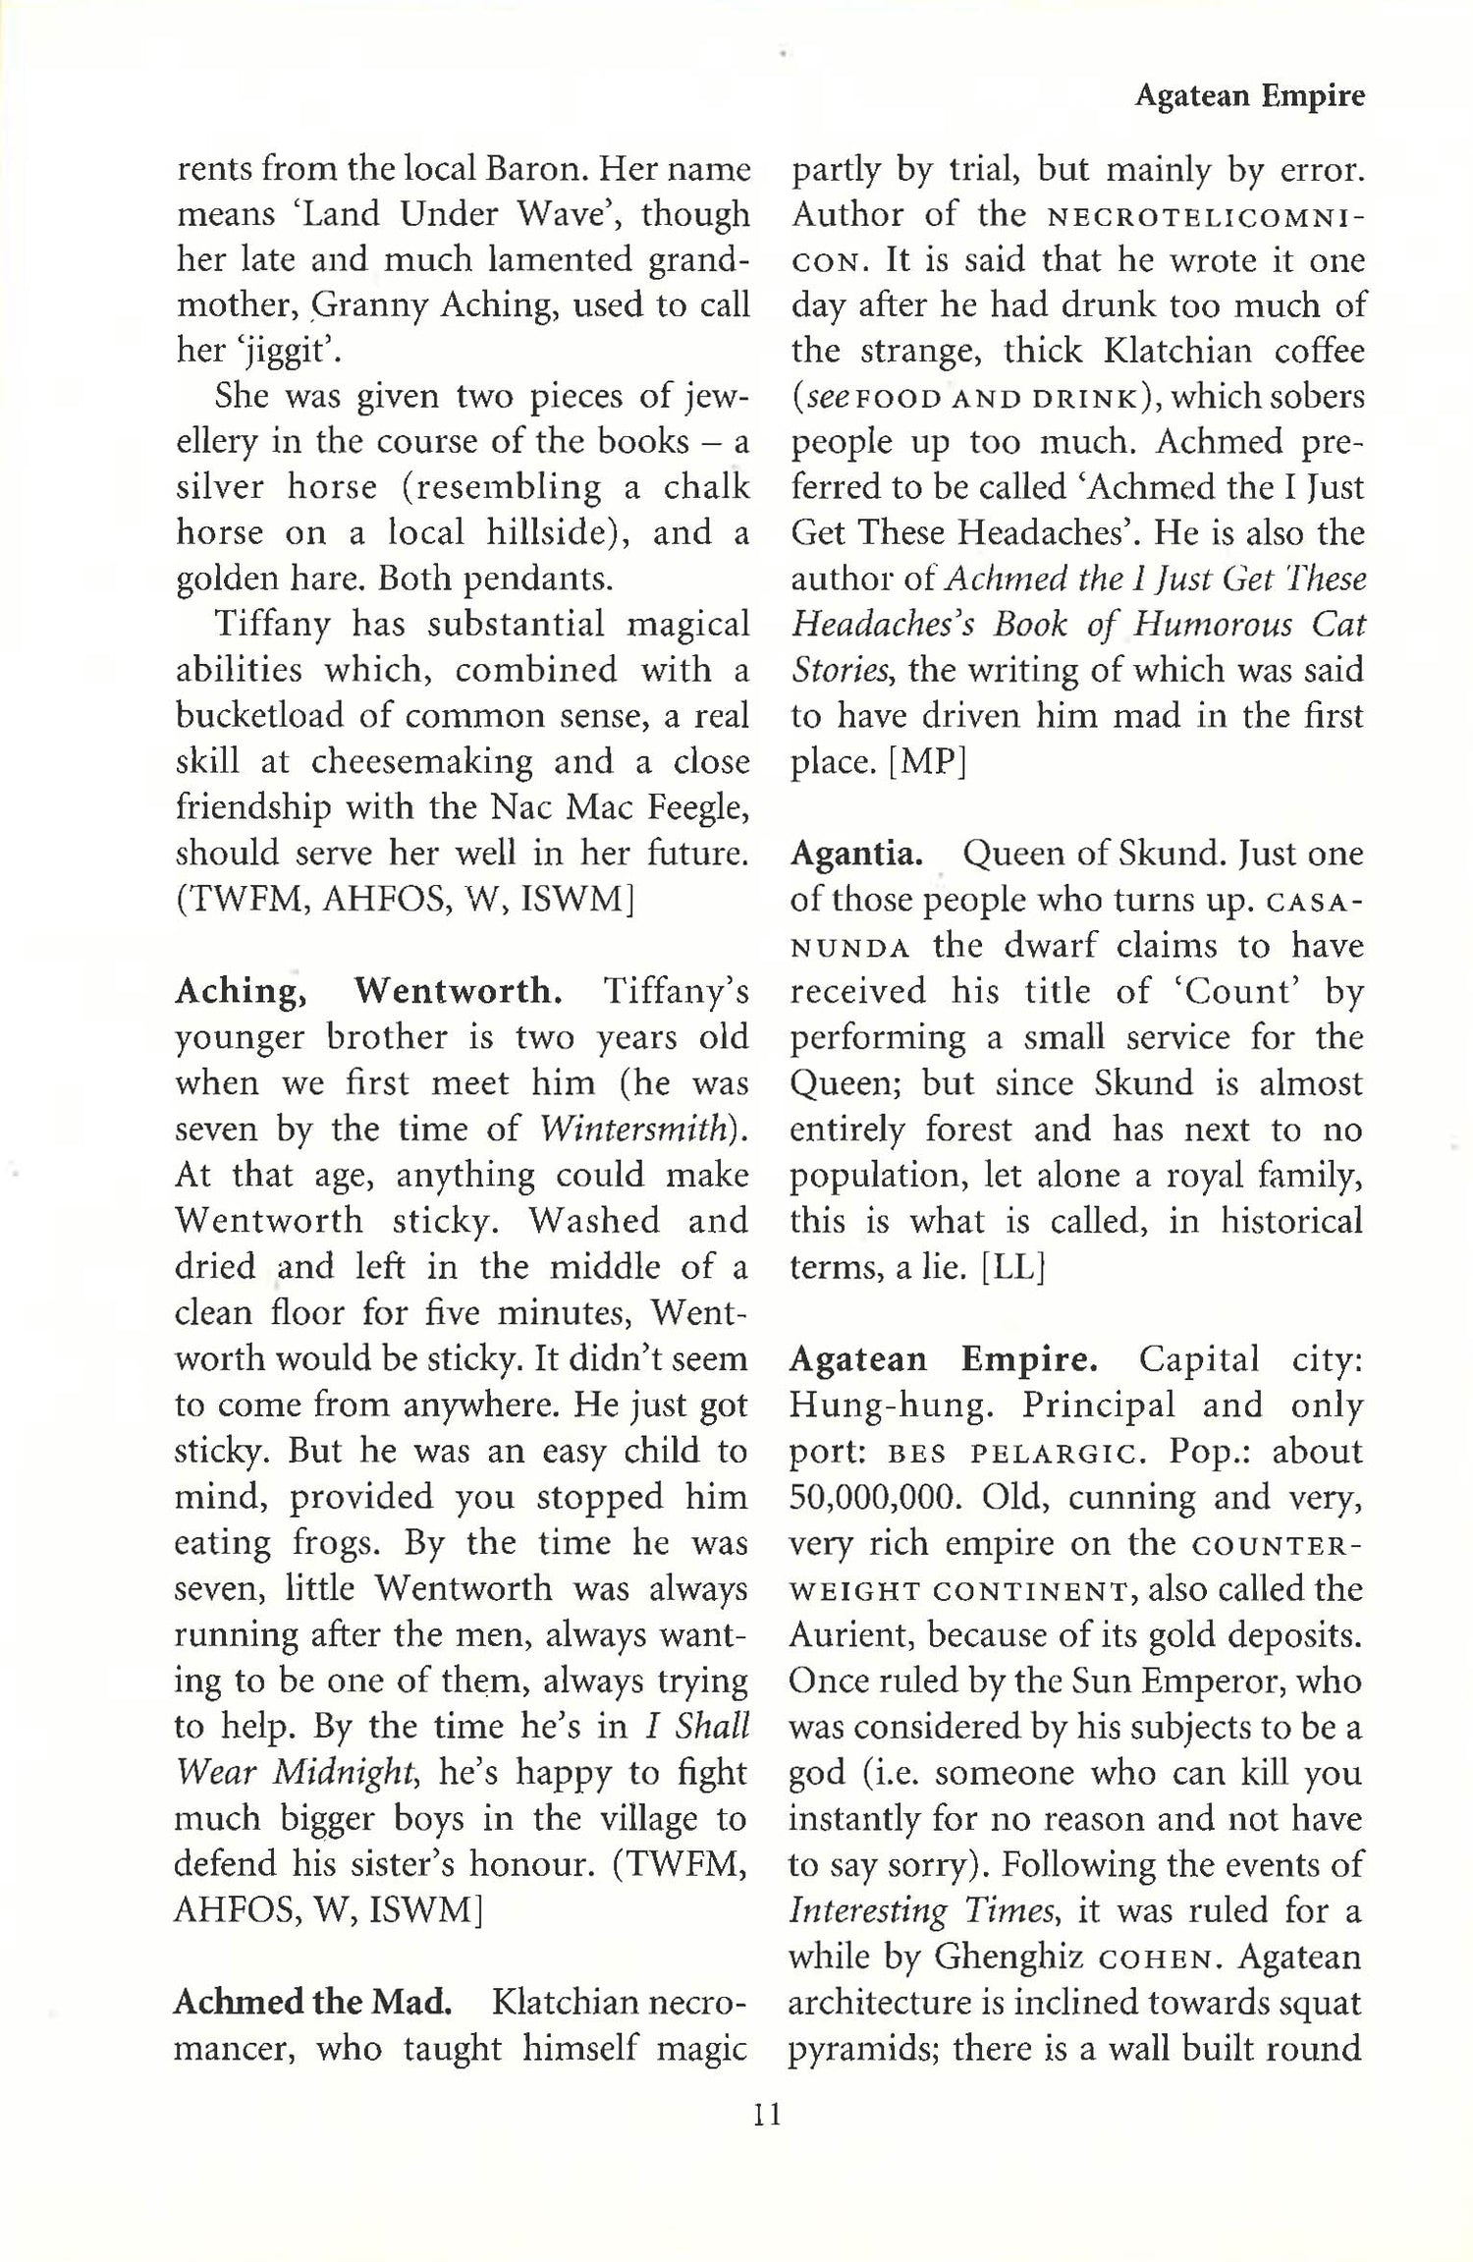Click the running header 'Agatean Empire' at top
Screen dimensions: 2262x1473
tap(1249, 96)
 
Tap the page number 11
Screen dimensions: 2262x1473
tap(767, 2113)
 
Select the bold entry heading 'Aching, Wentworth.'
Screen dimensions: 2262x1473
tap(368, 991)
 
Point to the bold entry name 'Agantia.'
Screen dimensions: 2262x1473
tap(856, 855)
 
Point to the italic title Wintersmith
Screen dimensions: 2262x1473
tap(643, 1129)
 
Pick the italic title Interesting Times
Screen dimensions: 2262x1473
tap(921, 1911)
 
